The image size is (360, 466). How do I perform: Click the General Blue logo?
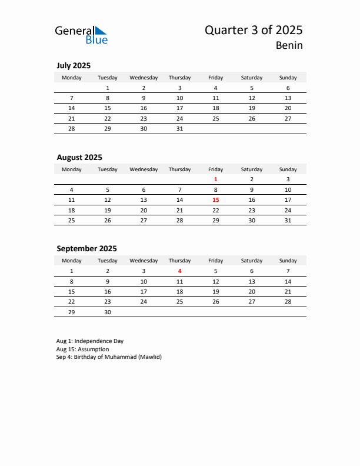click(81, 34)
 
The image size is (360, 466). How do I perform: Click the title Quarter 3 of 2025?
click(254, 30)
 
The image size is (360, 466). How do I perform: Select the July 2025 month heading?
click(74, 66)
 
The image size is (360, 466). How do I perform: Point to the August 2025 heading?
click(79, 157)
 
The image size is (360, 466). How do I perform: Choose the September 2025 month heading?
click(86, 248)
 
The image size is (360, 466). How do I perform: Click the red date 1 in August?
click(216, 179)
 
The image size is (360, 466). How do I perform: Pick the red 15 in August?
click(216, 200)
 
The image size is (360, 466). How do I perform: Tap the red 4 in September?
click(179, 271)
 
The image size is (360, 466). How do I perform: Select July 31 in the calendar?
click(179, 129)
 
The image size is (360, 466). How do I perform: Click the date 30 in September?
click(108, 312)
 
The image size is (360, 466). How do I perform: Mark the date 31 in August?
click(288, 221)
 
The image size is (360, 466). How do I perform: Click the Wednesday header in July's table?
click(144, 78)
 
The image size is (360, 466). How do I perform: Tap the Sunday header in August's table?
click(288, 169)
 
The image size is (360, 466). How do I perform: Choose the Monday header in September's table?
click(72, 260)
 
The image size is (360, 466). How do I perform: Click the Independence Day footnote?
click(90, 341)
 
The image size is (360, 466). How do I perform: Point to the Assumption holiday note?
click(83, 349)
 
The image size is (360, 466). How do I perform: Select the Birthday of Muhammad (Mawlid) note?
click(109, 357)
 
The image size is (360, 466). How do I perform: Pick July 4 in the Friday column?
click(216, 88)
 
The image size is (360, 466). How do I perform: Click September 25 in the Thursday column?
click(179, 302)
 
